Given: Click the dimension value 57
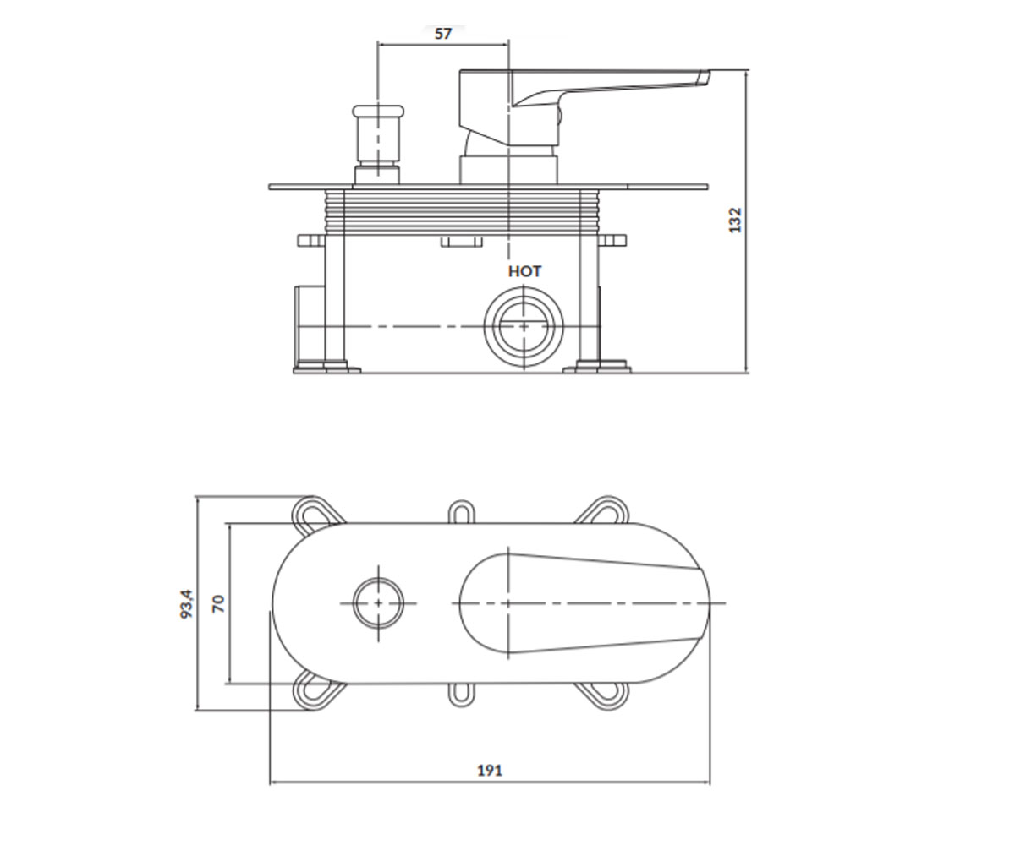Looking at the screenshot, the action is [x=443, y=34].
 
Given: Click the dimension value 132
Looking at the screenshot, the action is [x=735, y=220].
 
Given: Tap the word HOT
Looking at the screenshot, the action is [x=525, y=271].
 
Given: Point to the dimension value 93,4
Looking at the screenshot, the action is [x=187, y=603].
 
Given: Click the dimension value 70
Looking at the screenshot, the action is [x=219, y=603].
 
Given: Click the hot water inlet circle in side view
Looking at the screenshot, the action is [x=524, y=327].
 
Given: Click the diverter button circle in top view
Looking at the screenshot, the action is [x=379, y=603].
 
